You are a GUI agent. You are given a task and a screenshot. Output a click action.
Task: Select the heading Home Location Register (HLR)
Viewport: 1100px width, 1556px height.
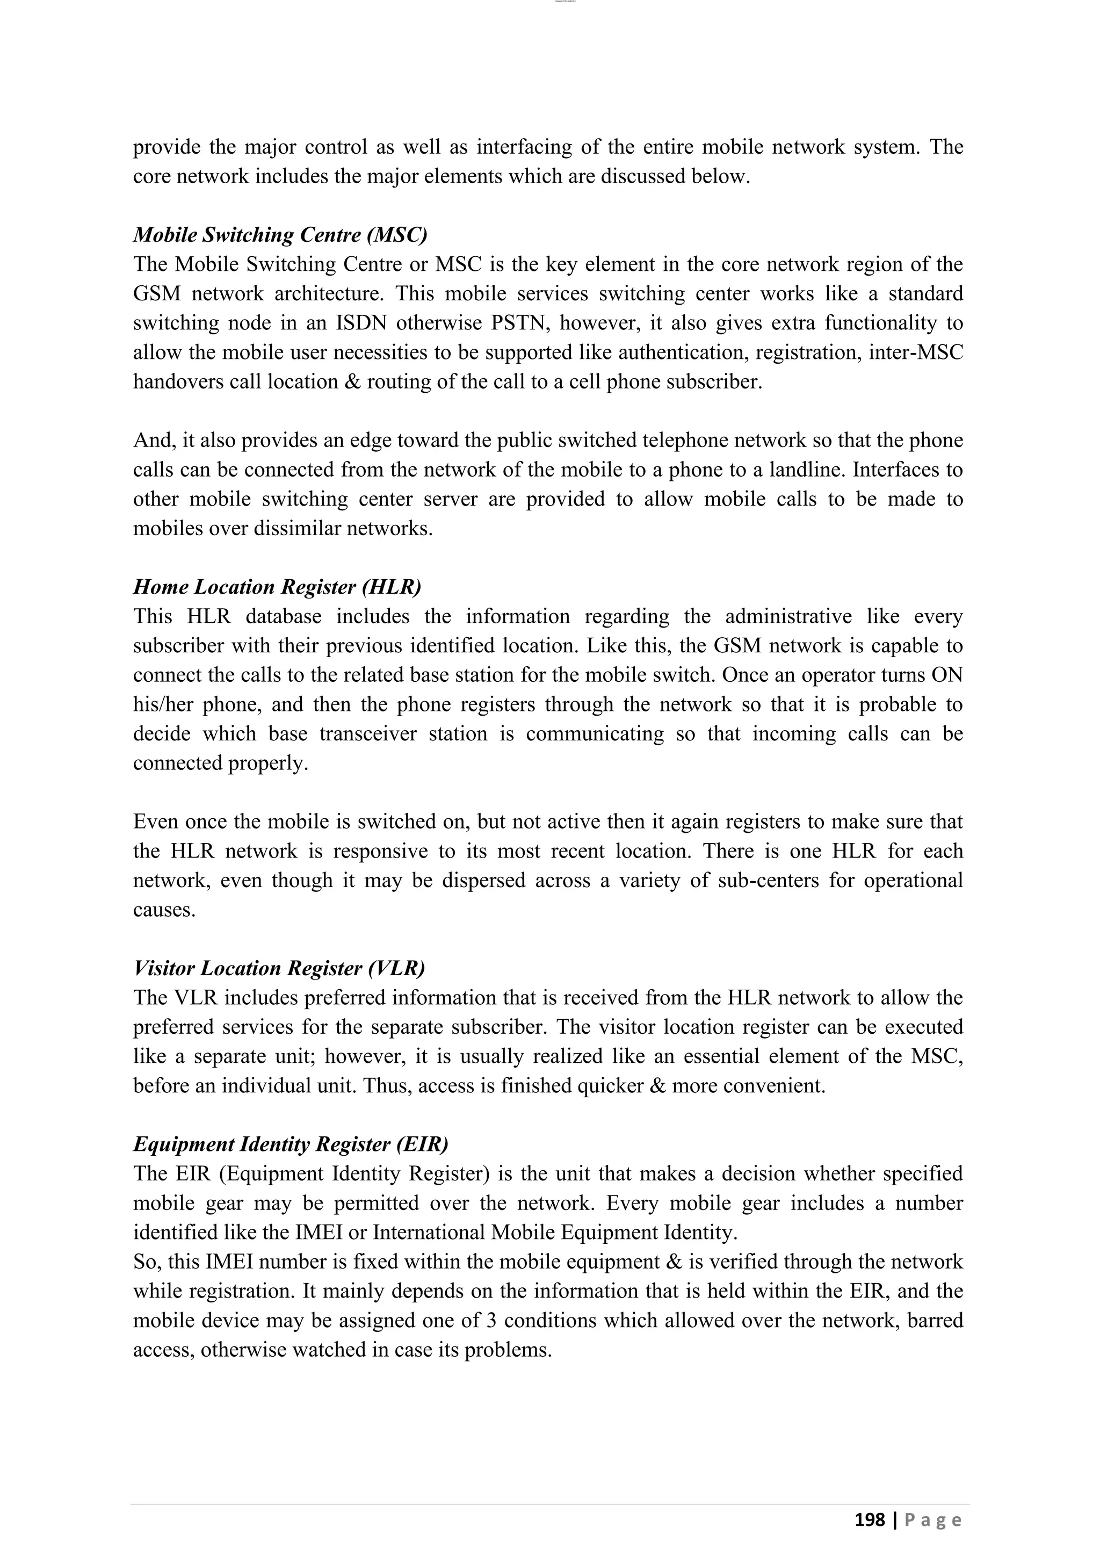coord(277,586)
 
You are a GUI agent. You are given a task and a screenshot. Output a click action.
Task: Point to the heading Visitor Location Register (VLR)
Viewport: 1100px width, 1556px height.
coord(279,968)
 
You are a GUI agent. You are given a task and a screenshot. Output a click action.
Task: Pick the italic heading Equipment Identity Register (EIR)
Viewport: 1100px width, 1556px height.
coord(291,1144)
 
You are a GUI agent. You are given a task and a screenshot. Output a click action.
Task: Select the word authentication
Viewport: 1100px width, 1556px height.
coord(683,352)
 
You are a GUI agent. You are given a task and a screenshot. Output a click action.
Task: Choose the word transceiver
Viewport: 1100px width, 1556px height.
coord(368,734)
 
